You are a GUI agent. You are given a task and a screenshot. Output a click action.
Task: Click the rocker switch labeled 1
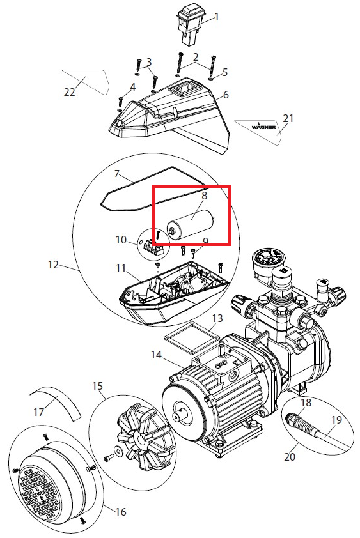(191, 24)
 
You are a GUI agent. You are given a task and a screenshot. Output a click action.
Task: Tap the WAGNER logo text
(264, 127)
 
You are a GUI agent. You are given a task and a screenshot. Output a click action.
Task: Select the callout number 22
(70, 92)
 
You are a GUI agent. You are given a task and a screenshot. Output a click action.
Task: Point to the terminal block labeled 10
(153, 245)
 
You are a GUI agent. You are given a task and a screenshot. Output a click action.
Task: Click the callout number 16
(121, 512)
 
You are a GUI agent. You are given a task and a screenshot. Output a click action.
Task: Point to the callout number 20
(290, 457)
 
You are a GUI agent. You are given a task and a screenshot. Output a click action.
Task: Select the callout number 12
(53, 265)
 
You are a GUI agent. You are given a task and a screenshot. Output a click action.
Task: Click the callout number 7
(117, 174)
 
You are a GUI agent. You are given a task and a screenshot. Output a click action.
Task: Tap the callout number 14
(156, 355)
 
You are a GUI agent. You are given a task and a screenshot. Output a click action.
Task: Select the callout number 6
(226, 95)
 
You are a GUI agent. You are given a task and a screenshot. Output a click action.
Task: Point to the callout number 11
(121, 267)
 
